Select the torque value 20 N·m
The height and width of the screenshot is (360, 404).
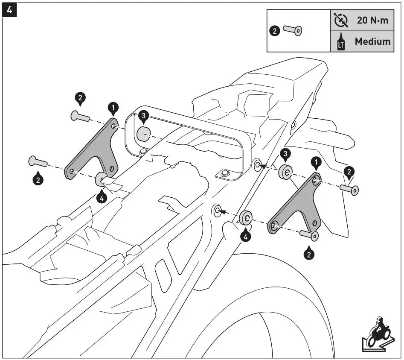coord(372,20)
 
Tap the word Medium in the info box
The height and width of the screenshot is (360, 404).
coord(372,41)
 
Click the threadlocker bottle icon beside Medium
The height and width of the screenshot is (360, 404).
coord(341,42)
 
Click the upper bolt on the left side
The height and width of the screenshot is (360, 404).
coord(80,115)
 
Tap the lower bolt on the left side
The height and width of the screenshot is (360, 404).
coord(39,162)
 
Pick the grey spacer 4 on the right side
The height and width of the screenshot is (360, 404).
coord(246,217)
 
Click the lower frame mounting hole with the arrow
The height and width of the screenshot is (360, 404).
coord(218,210)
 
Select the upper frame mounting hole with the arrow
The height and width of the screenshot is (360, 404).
coord(257,165)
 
